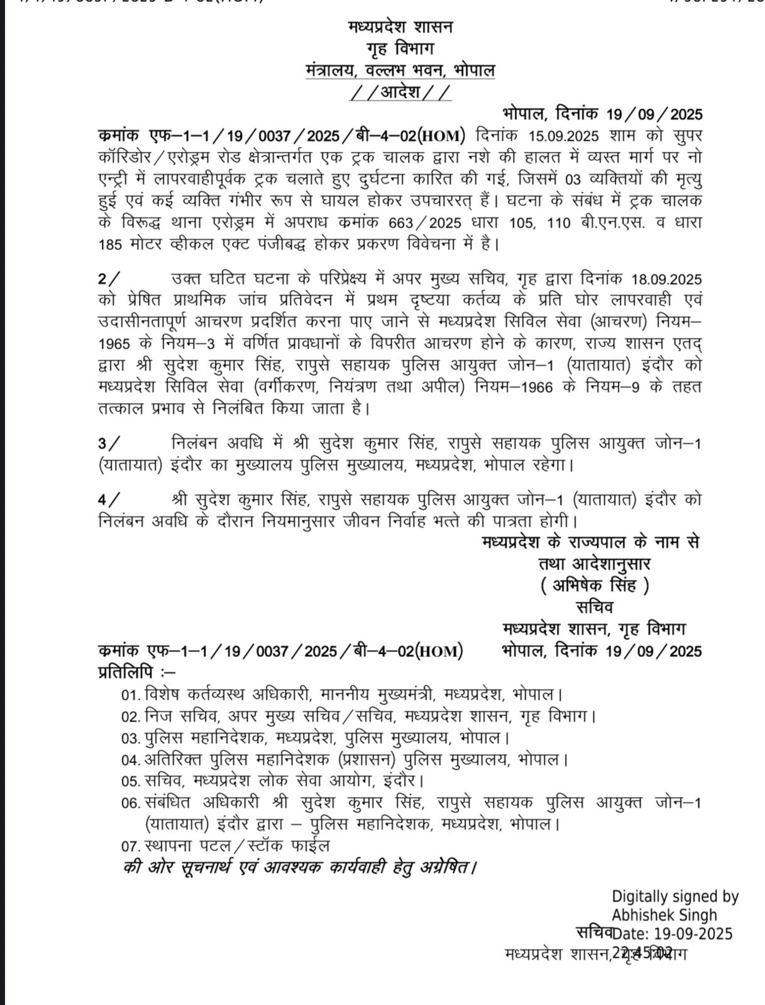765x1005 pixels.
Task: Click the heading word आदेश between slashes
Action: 400,93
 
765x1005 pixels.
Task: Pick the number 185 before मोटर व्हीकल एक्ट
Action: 111,244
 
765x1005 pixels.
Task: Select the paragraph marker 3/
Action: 107,443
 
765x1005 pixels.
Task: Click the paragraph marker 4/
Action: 107,500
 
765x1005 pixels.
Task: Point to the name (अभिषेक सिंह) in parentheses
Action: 595,585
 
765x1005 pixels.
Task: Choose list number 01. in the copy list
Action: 130,695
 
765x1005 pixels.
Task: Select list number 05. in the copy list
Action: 130,782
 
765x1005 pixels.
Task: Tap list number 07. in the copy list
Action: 130,846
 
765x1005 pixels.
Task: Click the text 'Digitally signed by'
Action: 675,897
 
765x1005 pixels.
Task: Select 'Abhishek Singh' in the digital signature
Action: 664,915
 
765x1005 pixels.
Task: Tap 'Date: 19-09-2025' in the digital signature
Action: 673,934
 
